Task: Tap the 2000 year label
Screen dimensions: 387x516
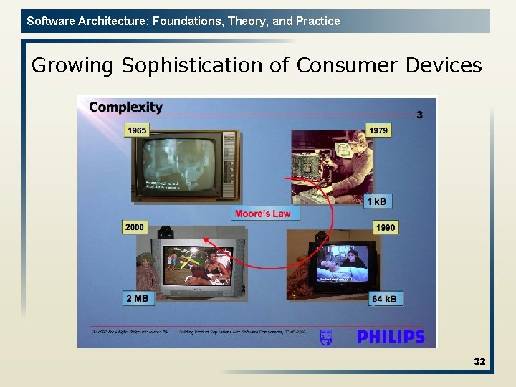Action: tap(135, 227)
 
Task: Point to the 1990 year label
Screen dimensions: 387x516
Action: tap(385, 227)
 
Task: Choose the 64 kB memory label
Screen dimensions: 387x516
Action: tap(386, 298)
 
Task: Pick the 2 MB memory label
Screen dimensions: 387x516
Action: tap(137, 298)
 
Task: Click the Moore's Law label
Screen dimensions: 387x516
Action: tap(262, 214)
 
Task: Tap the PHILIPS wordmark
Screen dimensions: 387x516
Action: tap(391, 336)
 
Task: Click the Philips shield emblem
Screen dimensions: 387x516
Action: tap(326, 336)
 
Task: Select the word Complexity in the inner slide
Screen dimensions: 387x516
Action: tap(125, 107)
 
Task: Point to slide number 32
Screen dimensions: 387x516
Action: tap(479, 361)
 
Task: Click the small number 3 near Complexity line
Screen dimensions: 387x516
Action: tap(419, 115)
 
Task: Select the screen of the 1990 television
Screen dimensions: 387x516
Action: tap(343, 264)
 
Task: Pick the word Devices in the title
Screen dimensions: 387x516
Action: tap(444, 65)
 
